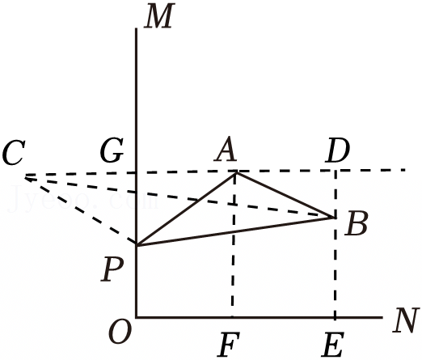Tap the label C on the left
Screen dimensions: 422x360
pos(14,152)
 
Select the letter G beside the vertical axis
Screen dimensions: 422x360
pos(112,150)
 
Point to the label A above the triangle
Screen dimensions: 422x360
pos(226,149)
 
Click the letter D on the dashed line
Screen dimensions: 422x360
pos(337,150)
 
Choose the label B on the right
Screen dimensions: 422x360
pos(357,223)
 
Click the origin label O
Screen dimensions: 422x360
pos(120,332)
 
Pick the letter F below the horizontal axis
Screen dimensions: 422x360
pos(229,345)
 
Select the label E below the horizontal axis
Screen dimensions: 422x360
pos(333,345)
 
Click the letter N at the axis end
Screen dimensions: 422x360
pos(406,320)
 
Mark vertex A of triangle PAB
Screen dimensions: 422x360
pos(236,173)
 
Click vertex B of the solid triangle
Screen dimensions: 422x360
pos(334,217)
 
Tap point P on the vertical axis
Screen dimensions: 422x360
pos(137,245)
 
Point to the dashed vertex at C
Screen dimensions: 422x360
pos(26,177)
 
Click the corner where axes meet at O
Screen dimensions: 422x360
pos(137,317)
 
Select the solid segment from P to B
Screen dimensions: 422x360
pos(235,231)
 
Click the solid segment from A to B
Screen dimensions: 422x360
pos(285,195)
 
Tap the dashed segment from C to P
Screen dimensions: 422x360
pos(81,211)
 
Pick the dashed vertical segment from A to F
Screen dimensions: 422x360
pos(234,245)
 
